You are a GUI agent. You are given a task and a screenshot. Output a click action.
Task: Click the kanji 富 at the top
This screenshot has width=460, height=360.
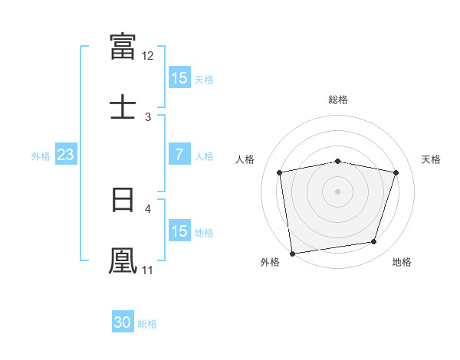(x=123, y=46)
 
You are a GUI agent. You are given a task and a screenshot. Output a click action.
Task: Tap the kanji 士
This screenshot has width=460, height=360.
(x=123, y=106)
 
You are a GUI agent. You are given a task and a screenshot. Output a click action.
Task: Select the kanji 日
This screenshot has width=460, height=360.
(x=123, y=200)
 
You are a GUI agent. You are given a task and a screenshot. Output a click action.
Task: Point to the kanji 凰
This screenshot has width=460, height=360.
(x=123, y=260)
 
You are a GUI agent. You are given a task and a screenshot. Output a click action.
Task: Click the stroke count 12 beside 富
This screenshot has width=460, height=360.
(x=147, y=56)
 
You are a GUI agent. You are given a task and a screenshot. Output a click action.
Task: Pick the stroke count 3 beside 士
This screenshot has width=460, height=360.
(x=148, y=117)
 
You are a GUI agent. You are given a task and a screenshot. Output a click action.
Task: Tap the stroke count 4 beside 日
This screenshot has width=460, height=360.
(x=148, y=209)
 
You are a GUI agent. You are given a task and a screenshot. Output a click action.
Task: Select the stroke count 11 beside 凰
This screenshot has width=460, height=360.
(x=147, y=270)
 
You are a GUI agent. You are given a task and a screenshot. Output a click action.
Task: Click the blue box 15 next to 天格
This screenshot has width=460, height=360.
(x=179, y=77)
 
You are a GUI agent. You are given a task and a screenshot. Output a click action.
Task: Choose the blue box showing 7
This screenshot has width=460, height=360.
(x=179, y=154)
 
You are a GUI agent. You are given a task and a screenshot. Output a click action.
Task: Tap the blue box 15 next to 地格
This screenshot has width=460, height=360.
(x=179, y=230)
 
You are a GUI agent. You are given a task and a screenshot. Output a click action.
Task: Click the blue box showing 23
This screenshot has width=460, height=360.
(x=66, y=154)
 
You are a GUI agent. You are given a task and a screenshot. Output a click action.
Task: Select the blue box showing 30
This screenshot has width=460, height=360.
(x=123, y=321)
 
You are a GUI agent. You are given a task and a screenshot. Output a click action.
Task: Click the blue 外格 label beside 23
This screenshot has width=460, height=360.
(x=41, y=156)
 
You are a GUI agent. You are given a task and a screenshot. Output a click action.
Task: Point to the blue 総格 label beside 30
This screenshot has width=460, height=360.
(x=147, y=324)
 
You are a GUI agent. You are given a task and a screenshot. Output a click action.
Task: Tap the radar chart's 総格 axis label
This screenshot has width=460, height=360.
(x=338, y=100)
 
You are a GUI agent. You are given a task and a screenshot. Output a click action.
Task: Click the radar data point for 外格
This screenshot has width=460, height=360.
(x=292, y=254)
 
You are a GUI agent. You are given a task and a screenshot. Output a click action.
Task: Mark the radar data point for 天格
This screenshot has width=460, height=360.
(x=396, y=172)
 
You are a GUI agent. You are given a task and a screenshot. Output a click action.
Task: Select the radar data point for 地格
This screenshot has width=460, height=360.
(x=373, y=241)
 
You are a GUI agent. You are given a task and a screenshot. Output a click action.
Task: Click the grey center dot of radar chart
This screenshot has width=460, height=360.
(x=337, y=191)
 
